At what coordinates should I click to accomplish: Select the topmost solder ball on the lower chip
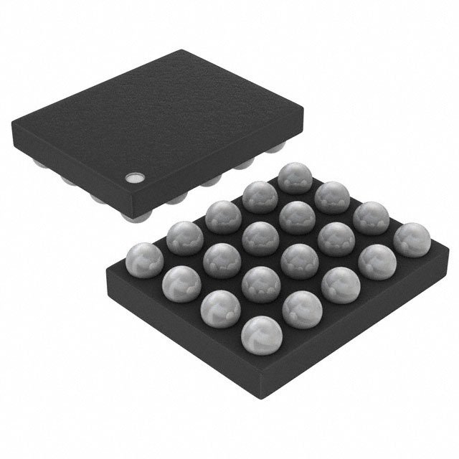point(293,178)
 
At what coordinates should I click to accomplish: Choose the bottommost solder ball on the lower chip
point(261,333)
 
